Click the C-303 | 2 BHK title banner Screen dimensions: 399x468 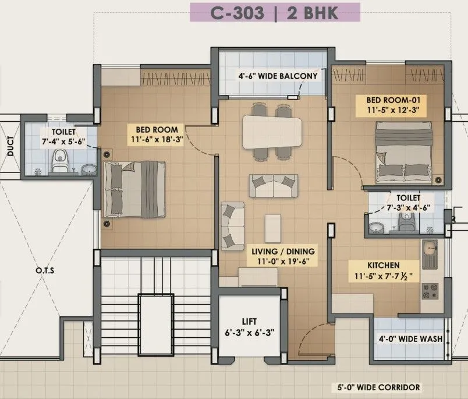pos(275,12)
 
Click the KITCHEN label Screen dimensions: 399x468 pos(383,264)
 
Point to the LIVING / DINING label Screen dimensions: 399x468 pos(283,251)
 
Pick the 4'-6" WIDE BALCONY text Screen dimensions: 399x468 pos(278,76)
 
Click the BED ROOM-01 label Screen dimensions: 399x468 pos(387,98)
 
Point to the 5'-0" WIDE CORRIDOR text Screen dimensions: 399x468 pos(378,387)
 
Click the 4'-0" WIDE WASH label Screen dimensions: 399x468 pos(410,338)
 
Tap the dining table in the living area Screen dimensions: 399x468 pos(272,132)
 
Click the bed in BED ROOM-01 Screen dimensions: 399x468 pos(405,150)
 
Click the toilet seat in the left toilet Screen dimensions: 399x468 pos(59,163)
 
